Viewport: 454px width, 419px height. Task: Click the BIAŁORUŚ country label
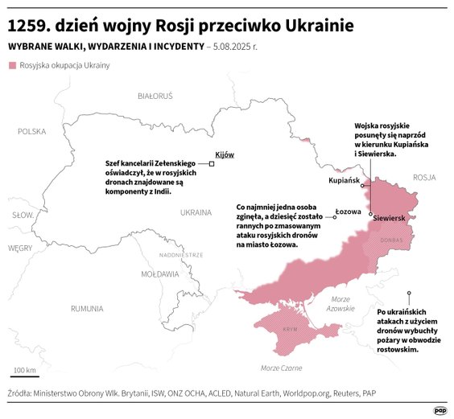[155, 96]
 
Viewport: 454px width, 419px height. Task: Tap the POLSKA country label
[32, 130]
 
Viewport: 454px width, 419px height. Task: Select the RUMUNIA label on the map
[86, 308]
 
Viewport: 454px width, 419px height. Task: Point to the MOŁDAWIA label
[159, 273]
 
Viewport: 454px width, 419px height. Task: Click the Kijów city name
[224, 154]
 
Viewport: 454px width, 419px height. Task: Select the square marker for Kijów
[212, 163]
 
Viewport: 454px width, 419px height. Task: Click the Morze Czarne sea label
[281, 368]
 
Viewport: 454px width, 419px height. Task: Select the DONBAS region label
[392, 240]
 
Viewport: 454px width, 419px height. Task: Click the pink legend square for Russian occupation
[11, 65]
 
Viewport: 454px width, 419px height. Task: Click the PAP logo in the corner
[440, 409]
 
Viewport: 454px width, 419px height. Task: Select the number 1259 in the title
[28, 26]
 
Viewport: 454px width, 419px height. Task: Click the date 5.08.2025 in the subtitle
[233, 47]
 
